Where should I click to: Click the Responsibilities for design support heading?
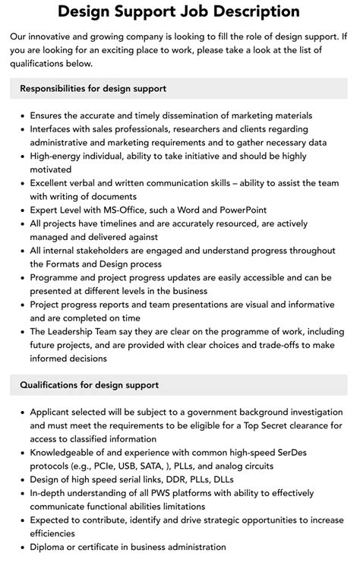(x=93, y=89)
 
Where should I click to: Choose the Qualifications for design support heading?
(x=90, y=385)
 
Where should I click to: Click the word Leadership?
(x=79, y=331)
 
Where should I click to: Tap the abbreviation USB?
(x=112, y=466)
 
